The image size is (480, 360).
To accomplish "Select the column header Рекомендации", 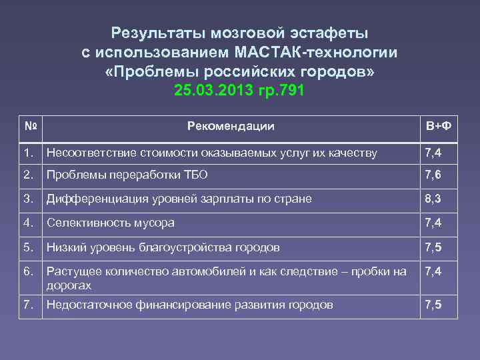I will tap(231, 126).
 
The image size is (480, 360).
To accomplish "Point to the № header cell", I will tap(30, 125).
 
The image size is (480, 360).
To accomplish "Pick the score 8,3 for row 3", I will tap(433, 199).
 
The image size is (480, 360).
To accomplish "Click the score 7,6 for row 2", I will tap(433, 175).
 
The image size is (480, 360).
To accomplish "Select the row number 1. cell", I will tap(28, 153).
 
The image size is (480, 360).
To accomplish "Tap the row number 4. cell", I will tap(28, 223).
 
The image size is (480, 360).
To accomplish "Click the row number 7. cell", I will tap(28, 305).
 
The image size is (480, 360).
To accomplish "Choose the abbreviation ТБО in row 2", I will tap(195, 175).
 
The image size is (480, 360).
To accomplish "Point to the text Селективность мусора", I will tap(110, 223).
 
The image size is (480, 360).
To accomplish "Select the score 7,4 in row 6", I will tap(433, 271).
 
